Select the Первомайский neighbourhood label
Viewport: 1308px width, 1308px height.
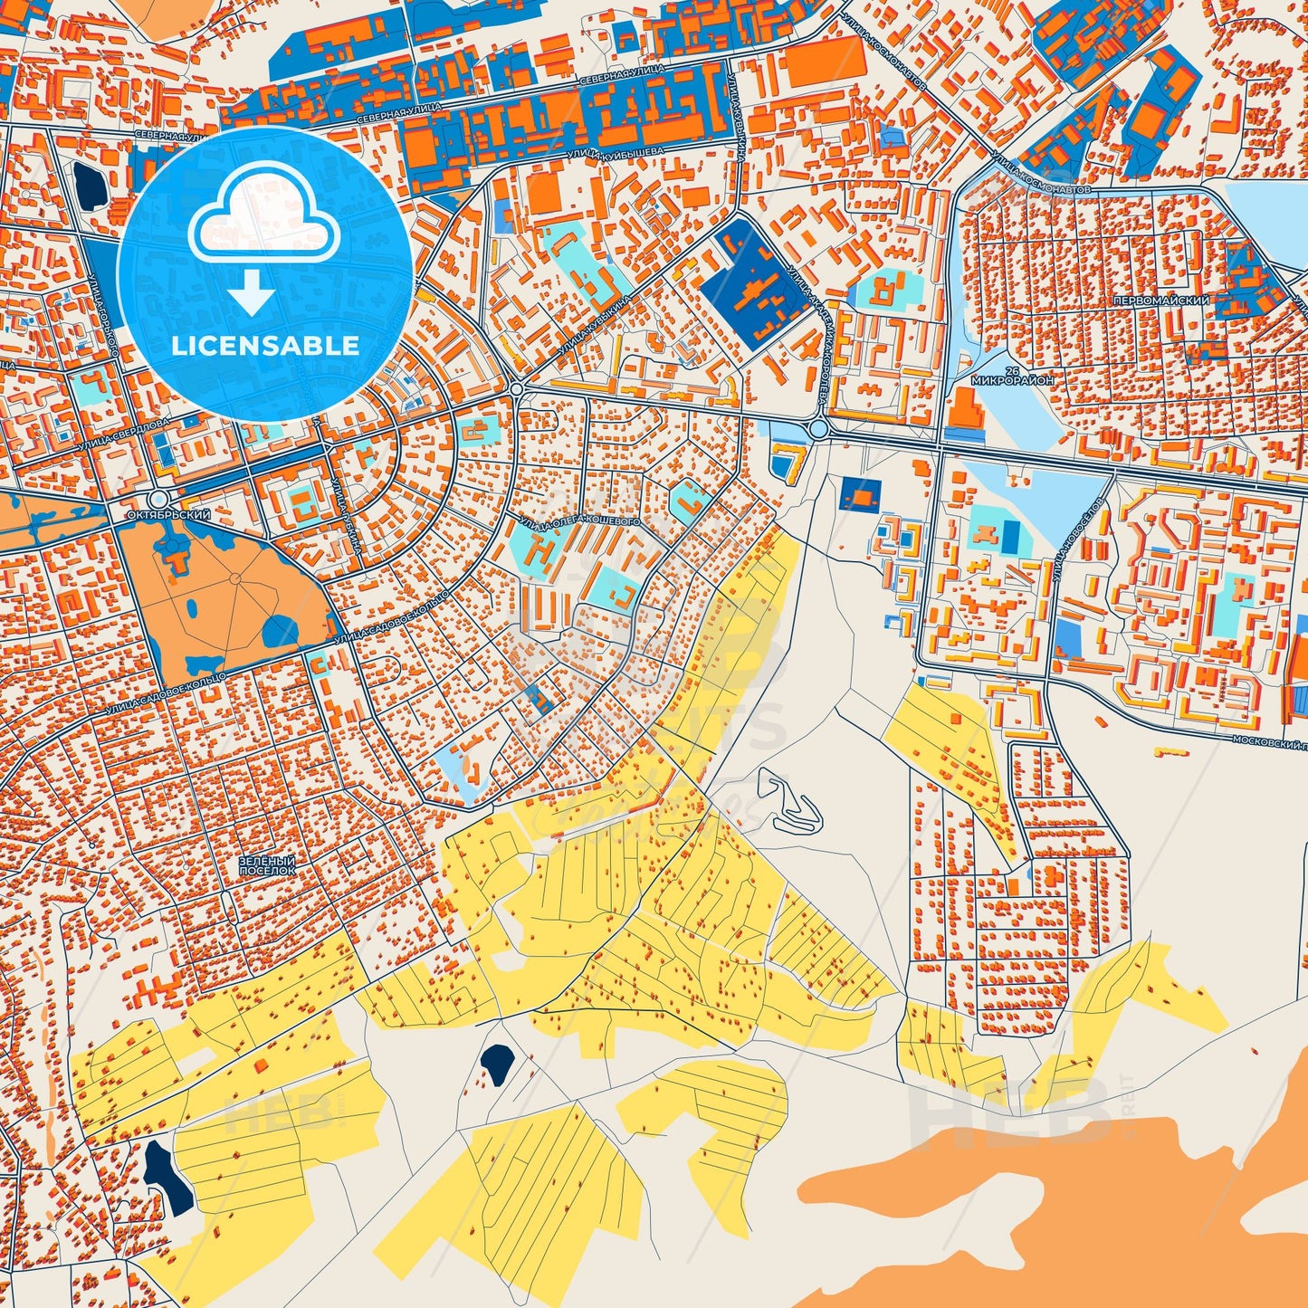click(1173, 300)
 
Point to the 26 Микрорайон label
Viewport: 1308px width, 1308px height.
click(1012, 376)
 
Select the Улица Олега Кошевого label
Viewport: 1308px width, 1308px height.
click(579, 522)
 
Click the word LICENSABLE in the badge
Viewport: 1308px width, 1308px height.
click(265, 346)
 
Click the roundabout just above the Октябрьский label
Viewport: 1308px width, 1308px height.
click(158, 499)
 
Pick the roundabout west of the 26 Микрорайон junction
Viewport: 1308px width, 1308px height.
click(820, 429)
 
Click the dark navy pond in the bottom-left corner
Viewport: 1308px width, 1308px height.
click(167, 1177)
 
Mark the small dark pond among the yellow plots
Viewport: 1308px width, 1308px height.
click(497, 1063)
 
